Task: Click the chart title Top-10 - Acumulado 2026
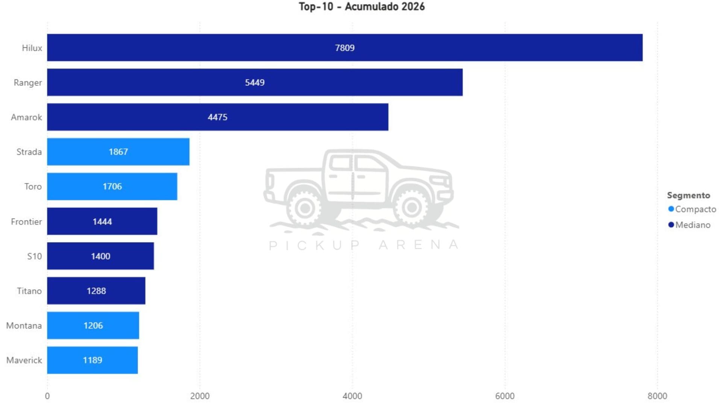[361, 7]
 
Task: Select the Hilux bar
[344, 48]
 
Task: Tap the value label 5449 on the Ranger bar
[255, 83]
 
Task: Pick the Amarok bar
[217, 117]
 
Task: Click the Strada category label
[29, 152]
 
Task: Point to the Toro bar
[112, 186]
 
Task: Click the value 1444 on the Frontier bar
[102, 222]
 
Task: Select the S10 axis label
[34, 256]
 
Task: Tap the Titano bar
[96, 291]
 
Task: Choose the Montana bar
[93, 326]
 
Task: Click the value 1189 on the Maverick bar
[93, 360]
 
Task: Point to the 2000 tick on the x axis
[200, 396]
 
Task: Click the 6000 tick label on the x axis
[505, 396]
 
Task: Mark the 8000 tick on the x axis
[657, 396]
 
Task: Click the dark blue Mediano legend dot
[671, 225]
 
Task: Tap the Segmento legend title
[688, 195]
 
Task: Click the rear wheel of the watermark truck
[305, 207]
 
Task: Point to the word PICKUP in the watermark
[314, 245]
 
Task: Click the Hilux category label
[32, 48]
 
